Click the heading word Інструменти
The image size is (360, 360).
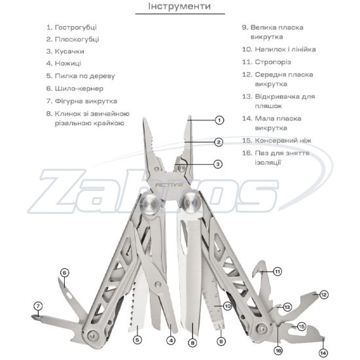[x=179, y=6]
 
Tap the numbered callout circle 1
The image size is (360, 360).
[x=219, y=120]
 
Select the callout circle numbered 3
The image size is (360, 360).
[x=218, y=164]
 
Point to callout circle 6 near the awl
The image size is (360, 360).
[x=65, y=273]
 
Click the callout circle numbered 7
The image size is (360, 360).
[x=38, y=306]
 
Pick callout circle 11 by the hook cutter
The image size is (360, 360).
[x=278, y=272]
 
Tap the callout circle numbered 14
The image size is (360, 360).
[x=323, y=353]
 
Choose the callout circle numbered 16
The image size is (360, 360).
[x=278, y=351]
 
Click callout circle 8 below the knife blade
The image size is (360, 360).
[x=192, y=343]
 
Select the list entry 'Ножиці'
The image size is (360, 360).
[x=63, y=63]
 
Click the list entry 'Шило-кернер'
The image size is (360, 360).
[x=75, y=88]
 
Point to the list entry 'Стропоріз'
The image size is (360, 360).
[x=266, y=62]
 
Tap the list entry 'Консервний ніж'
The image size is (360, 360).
[x=277, y=140]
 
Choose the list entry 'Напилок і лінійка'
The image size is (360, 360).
[x=279, y=49]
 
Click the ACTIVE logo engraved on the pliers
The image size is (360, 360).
[x=170, y=185]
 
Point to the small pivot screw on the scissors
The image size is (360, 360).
[x=157, y=285]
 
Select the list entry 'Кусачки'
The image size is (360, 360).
[x=65, y=51]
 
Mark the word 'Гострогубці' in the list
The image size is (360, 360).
[x=76, y=27]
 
